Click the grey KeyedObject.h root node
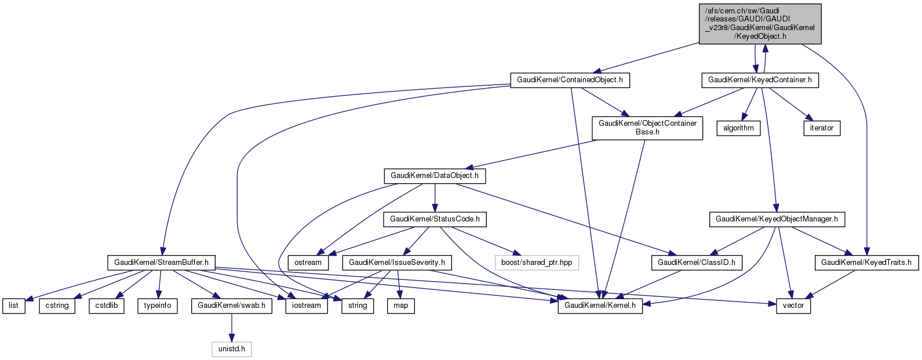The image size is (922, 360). pos(760,24)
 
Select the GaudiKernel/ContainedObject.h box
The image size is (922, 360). pos(570,80)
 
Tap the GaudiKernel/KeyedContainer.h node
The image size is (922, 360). pos(760,80)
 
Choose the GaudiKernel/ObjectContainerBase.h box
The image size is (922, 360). pos(647,128)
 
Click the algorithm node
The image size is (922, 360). pos(738,128)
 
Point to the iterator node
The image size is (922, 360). pos(822,128)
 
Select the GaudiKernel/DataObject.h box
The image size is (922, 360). pos(435,176)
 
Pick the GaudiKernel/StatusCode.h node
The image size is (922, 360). pos(435,219)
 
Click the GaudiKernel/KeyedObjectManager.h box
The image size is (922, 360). pos(777,219)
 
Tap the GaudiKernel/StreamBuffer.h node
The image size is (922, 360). pos(161,263)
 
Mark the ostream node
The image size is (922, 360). pos(308,263)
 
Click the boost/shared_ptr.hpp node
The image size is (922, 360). pos(537,263)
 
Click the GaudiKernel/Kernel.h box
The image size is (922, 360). pos(600,306)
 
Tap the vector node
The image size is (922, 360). pos(793,306)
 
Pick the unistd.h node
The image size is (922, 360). pos(231,349)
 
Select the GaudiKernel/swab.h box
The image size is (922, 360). pos(232,306)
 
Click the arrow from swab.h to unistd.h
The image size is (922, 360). pos(232,328)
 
